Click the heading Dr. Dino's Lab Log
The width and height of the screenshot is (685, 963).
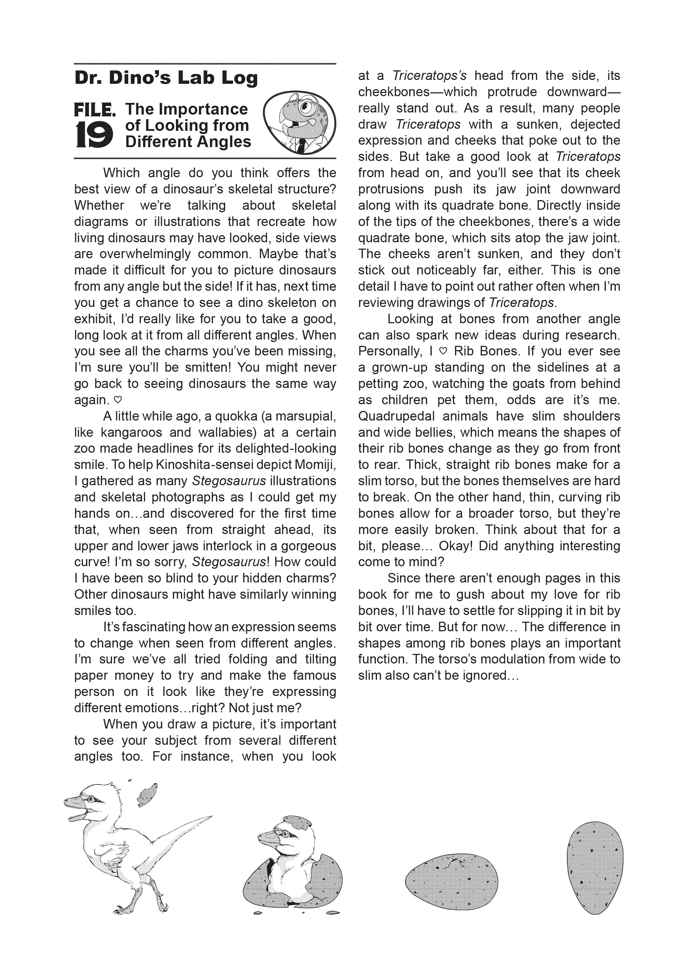click(x=166, y=79)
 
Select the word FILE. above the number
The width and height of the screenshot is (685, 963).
click(x=94, y=110)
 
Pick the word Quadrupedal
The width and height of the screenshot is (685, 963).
click(x=396, y=416)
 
